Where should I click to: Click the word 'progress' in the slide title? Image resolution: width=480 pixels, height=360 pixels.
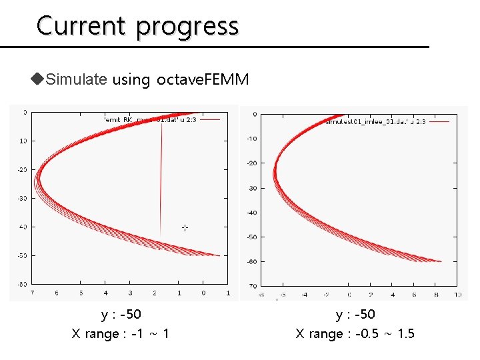tap(187, 27)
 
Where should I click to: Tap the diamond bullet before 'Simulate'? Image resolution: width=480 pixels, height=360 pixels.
tap(37, 80)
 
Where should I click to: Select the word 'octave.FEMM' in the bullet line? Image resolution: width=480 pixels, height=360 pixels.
tap(203, 80)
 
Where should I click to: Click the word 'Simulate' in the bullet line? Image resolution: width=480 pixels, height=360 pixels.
tap(77, 80)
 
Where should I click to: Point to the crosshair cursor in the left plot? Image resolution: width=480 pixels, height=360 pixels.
tap(185, 228)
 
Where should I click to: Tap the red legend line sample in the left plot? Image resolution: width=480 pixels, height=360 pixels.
tap(209, 119)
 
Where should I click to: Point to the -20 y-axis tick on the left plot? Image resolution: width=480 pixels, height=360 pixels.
tap(22, 169)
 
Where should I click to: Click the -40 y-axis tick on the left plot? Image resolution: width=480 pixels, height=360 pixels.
tap(22, 227)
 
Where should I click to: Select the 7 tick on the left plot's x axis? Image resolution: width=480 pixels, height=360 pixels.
tap(32, 293)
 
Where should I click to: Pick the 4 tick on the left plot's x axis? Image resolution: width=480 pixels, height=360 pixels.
tap(105, 293)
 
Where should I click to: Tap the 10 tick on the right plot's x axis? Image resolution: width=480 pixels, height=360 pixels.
tap(457, 294)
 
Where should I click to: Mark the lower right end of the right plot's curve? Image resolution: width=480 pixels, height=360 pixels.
tap(440, 261)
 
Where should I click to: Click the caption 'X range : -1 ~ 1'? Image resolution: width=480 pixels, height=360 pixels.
tap(120, 333)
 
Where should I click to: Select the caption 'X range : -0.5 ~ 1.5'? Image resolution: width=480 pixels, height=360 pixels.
tap(355, 333)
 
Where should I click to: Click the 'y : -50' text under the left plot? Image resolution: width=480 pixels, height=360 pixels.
tap(121, 314)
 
